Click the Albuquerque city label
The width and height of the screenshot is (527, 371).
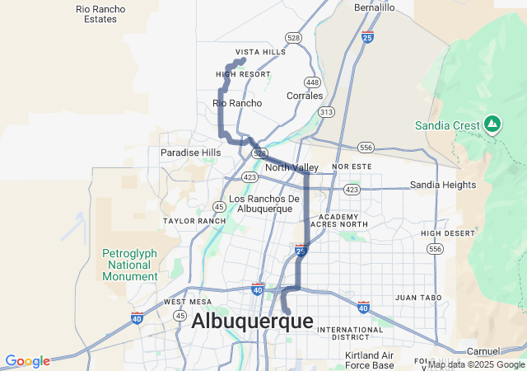(x=252, y=322)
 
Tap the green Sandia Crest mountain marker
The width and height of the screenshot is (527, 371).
(x=492, y=124)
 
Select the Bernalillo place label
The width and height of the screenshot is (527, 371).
(x=375, y=7)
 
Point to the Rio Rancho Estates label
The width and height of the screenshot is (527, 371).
(x=100, y=13)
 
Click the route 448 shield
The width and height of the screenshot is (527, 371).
(x=312, y=82)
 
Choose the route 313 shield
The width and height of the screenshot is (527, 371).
(x=327, y=111)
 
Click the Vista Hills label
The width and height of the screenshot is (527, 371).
(x=260, y=51)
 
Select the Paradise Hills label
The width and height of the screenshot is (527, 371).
(x=191, y=153)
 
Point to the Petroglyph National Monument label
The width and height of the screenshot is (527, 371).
(x=129, y=265)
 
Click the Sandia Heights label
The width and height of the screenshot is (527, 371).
(x=443, y=185)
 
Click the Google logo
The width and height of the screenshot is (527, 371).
(x=27, y=361)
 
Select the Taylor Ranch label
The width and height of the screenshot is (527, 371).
(x=194, y=221)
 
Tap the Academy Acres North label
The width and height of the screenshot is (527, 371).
(x=339, y=220)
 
